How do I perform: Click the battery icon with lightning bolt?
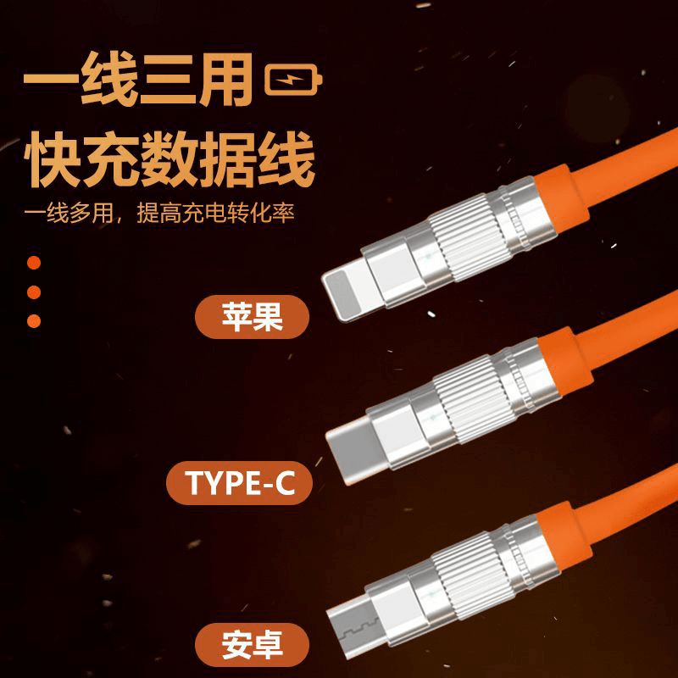(x=293, y=80)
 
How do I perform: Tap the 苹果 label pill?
(x=252, y=316)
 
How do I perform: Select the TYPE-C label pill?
(x=240, y=482)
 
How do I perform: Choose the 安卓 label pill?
(x=252, y=645)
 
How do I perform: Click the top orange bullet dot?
(x=34, y=263)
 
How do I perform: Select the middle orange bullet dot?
(x=34, y=292)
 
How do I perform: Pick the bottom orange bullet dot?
(x=34, y=321)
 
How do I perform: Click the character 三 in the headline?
(x=167, y=80)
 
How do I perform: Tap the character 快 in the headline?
(x=52, y=159)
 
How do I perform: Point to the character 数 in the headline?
(x=169, y=159)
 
